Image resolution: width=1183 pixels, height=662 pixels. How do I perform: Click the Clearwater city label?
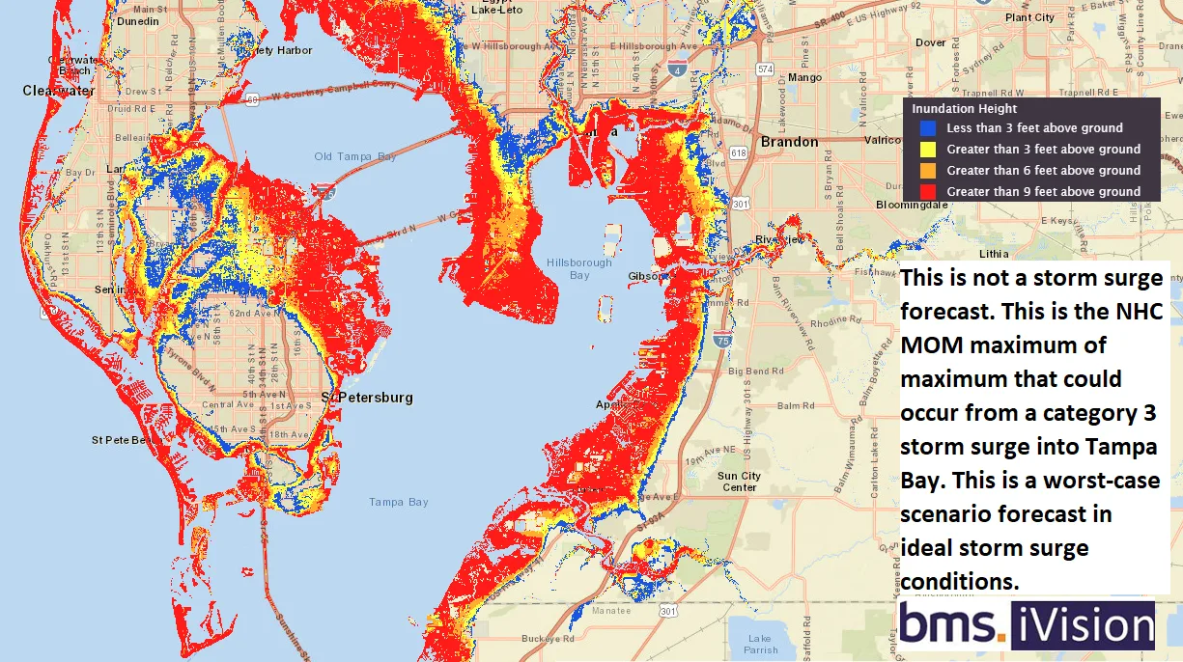click(x=59, y=91)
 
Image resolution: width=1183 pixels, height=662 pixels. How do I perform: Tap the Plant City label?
click(x=1029, y=17)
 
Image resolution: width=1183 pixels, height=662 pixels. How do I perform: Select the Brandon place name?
click(x=790, y=142)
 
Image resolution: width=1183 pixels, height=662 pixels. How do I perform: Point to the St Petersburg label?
click(x=367, y=398)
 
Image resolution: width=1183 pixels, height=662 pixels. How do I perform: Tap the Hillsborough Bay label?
click(x=578, y=268)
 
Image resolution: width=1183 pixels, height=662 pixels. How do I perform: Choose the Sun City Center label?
click(x=739, y=482)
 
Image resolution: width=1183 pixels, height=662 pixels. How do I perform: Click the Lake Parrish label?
click(x=759, y=644)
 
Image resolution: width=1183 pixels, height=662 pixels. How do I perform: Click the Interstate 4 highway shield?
click(x=677, y=69)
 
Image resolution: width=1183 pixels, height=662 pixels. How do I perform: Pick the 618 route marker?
click(x=739, y=153)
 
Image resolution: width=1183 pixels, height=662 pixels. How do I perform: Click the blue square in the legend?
click(x=928, y=128)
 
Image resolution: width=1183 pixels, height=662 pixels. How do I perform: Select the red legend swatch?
click(x=928, y=192)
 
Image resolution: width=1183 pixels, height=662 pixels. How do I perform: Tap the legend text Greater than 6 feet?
click(x=1043, y=171)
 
